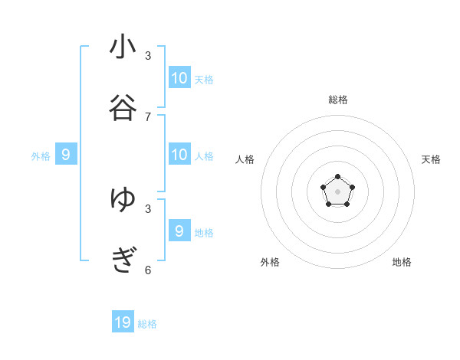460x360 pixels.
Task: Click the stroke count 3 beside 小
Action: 148,56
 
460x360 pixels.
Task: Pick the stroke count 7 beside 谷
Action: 148,117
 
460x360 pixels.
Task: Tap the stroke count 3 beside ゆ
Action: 148,208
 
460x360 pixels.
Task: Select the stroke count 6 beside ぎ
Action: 148,270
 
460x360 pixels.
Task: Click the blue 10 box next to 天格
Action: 179,77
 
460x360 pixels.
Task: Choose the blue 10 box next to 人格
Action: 179,155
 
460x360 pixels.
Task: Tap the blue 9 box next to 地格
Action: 179,231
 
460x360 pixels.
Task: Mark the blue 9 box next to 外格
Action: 66,155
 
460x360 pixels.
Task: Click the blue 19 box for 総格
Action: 123,322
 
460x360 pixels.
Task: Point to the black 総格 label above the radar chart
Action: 337,100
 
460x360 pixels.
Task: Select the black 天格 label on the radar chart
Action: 431,159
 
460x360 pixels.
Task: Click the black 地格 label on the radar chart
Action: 402,262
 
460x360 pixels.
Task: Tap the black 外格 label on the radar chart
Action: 270,262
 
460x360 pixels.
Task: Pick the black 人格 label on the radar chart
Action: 245,159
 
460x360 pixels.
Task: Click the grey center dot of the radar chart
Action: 337,191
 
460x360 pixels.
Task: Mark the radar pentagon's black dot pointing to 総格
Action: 337,177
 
